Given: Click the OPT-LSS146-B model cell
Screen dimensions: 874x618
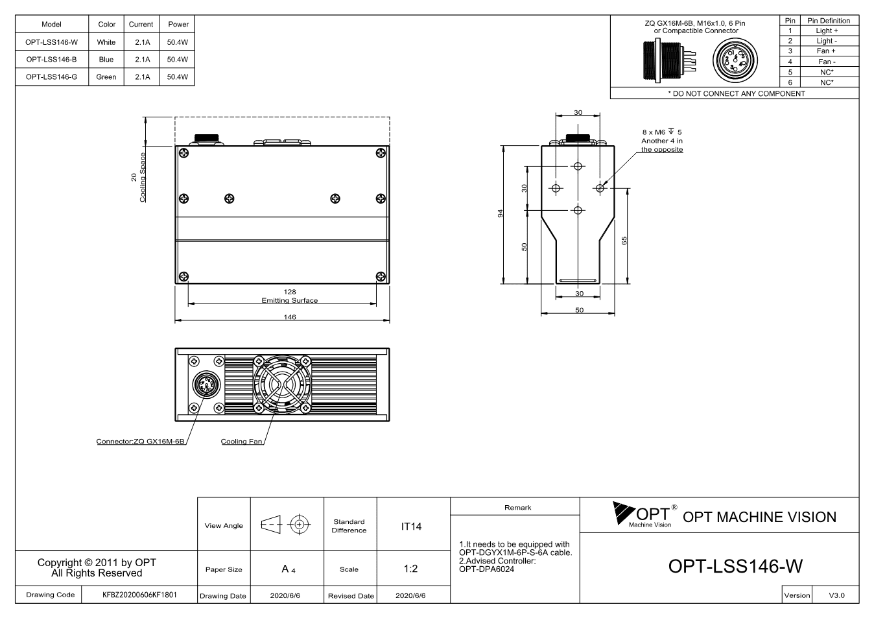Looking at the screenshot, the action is click(x=51, y=59).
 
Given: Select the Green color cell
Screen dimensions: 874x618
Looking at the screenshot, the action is click(x=106, y=77).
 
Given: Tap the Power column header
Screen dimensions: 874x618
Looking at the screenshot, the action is click(x=178, y=24).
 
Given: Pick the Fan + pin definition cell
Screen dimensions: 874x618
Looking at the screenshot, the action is click(x=826, y=51).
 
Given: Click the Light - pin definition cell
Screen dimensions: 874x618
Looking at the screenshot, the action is click(x=826, y=41).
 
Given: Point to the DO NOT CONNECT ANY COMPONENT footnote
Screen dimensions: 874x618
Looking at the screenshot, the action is click(x=737, y=93).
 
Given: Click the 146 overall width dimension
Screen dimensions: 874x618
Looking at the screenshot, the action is click(x=290, y=317).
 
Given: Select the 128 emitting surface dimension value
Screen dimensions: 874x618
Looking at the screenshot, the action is click(x=290, y=292).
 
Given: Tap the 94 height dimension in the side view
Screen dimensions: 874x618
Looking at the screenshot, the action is click(x=500, y=214).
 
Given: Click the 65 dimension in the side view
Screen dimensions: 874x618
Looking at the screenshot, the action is click(x=624, y=241).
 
